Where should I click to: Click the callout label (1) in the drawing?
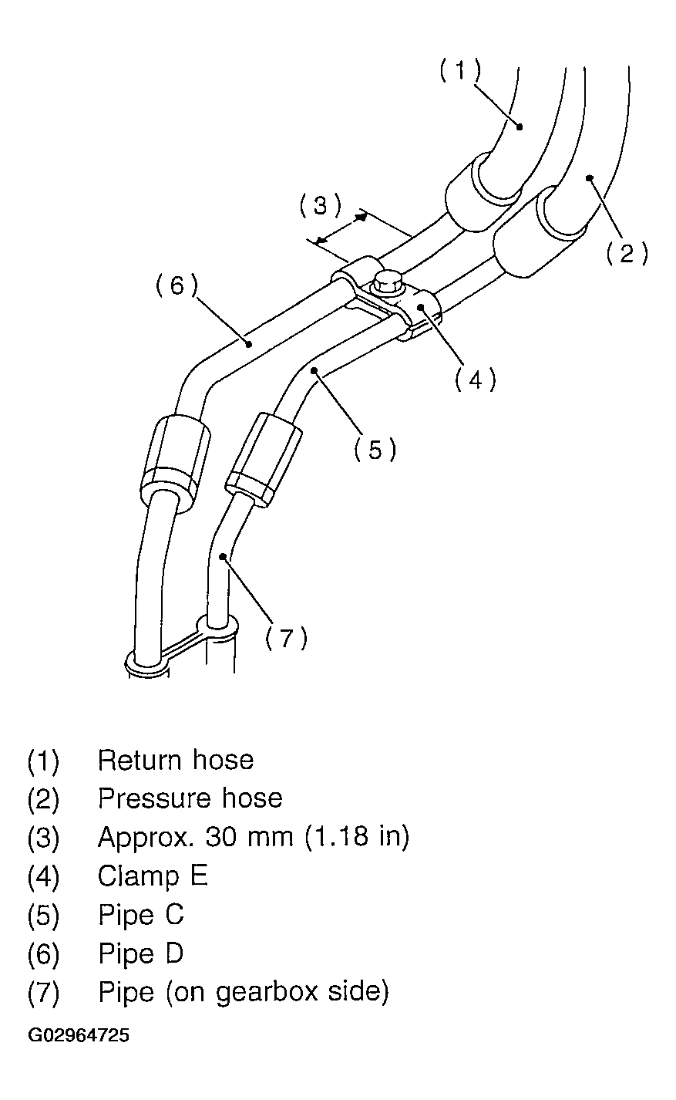click(x=460, y=71)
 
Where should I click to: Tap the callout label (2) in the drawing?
click(x=626, y=253)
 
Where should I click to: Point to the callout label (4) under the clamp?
click(x=475, y=379)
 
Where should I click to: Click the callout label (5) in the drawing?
click(x=375, y=449)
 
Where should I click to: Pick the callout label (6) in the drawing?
click(x=177, y=285)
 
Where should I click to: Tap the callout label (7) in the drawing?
click(x=286, y=638)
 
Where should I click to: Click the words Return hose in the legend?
click(x=176, y=761)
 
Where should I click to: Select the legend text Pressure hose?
click(x=190, y=798)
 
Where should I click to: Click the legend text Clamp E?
click(x=153, y=876)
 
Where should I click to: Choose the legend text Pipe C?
click(x=141, y=915)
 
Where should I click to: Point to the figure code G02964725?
click(x=79, y=1035)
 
